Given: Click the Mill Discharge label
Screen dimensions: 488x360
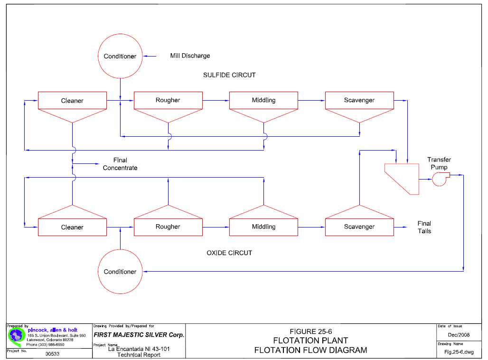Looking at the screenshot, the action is [x=190, y=56].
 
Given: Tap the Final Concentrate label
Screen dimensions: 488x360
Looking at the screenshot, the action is [x=120, y=164].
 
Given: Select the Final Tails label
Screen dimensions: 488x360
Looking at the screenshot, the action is [x=424, y=227].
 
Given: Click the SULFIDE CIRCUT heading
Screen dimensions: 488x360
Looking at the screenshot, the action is [x=229, y=75].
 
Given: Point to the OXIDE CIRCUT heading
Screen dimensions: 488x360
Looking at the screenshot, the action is [x=229, y=253].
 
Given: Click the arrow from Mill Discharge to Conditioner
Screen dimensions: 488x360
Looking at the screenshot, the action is [x=150, y=57].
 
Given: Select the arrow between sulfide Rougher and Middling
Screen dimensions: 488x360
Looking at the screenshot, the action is [x=216, y=100].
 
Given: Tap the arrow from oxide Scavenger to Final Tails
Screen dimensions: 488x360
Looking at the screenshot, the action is [x=401, y=227].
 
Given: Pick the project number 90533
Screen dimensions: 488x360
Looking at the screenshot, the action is [x=52, y=354].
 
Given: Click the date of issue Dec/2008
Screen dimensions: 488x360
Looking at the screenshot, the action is [x=459, y=335].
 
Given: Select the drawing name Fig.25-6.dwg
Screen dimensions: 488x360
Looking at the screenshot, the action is [x=459, y=352].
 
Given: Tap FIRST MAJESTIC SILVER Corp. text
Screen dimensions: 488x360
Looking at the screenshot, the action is [x=139, y=335].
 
